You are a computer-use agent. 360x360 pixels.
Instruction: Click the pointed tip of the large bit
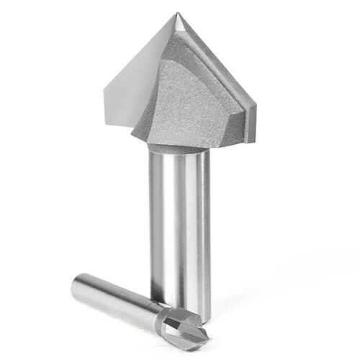click(x=178, y=14)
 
